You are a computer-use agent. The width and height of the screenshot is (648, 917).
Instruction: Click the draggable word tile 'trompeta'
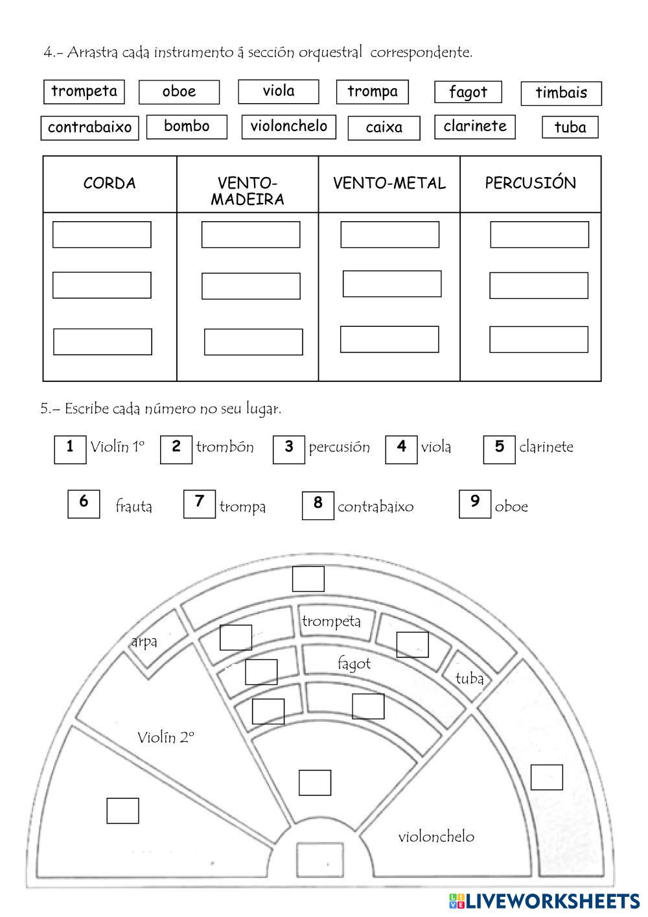tap(84, 91)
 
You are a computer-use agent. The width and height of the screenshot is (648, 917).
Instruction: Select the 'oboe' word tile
tap(179, 92)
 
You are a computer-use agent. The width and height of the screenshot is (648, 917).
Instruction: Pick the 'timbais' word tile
tap(561, 93)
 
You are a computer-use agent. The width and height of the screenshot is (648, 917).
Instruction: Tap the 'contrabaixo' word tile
tap(89, 127)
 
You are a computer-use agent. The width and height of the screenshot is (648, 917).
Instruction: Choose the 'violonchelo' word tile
tap(289, 126)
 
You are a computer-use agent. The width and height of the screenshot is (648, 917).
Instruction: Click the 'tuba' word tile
tap(570, 128)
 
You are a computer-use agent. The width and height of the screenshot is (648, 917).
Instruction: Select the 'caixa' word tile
tap(384, 128)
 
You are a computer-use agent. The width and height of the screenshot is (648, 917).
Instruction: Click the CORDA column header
tap(110, 184)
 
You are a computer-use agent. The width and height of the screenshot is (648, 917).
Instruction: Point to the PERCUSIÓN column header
tap(530, 184)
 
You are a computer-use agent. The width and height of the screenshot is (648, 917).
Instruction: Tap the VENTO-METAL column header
tap(389, 184)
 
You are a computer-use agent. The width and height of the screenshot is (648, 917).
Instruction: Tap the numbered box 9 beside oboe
tap(475, 504)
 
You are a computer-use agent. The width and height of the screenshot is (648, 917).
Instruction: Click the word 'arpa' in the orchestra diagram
tap(144, 642)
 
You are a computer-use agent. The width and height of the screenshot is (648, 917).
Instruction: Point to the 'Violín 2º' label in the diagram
tap(166, 737)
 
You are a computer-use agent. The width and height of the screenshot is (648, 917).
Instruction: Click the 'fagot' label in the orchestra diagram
tap(354, 663)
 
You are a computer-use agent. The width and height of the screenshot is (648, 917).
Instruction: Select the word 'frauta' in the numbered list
tap(133, 506)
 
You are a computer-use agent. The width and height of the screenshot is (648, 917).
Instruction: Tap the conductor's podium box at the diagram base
tap(319, 859)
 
